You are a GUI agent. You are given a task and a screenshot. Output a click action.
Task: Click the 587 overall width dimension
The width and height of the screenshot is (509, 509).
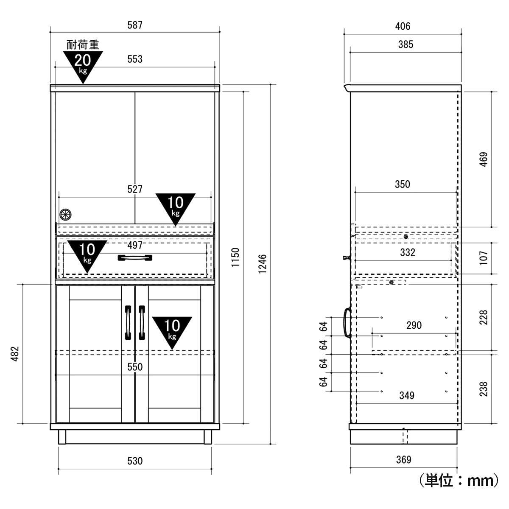pyautogui.click(x=135, y=25)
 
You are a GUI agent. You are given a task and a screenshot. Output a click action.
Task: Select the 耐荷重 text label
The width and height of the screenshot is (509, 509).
pyautogui.click(x=83, y=45)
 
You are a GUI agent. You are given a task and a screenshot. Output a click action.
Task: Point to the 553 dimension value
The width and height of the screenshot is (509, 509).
pyautogui.click(x=135, y=59)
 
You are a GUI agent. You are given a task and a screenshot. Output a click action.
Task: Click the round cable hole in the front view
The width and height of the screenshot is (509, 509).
pyautogui.click(x=65, y=215)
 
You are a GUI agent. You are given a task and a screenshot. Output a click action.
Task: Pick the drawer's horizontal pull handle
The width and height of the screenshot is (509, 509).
pyautogui.click(x=135, y=257)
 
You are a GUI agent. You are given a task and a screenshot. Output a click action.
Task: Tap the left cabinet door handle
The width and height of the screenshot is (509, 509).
pyautogui.click(x=128, y=322)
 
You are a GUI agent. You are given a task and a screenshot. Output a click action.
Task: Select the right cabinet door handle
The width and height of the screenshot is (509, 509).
pyautogui.click(x=142, y=322)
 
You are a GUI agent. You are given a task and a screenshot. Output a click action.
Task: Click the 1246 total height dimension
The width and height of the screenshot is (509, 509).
pyautogui.click(x=262, y=264)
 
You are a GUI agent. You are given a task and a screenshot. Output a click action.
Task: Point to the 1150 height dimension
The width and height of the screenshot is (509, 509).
pyautogui.click(x=235, y=257)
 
